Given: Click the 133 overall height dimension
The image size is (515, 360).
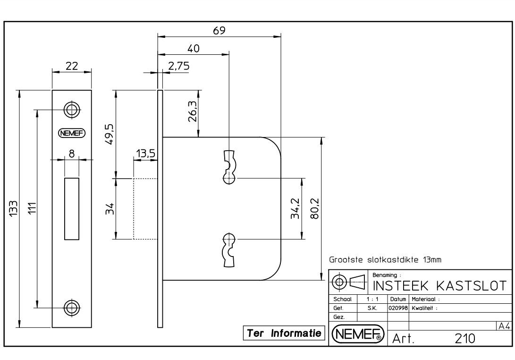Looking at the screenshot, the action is (13, 208).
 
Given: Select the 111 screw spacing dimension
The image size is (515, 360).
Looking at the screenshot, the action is (32, 208).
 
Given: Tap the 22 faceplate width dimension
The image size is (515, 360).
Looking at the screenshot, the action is (72, 66).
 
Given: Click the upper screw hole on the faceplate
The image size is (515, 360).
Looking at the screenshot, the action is (72, 110).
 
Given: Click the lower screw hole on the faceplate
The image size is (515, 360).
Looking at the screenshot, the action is (72, 308).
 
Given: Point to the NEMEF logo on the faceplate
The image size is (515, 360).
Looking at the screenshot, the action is (72, 133).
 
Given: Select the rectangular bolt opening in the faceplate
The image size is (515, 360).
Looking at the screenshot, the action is (72, 209).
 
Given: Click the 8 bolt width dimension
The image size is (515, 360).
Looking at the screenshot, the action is (72, 153).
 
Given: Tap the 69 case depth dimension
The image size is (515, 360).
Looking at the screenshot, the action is (219, 31).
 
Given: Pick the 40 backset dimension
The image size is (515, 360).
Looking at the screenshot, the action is (193, 49).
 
